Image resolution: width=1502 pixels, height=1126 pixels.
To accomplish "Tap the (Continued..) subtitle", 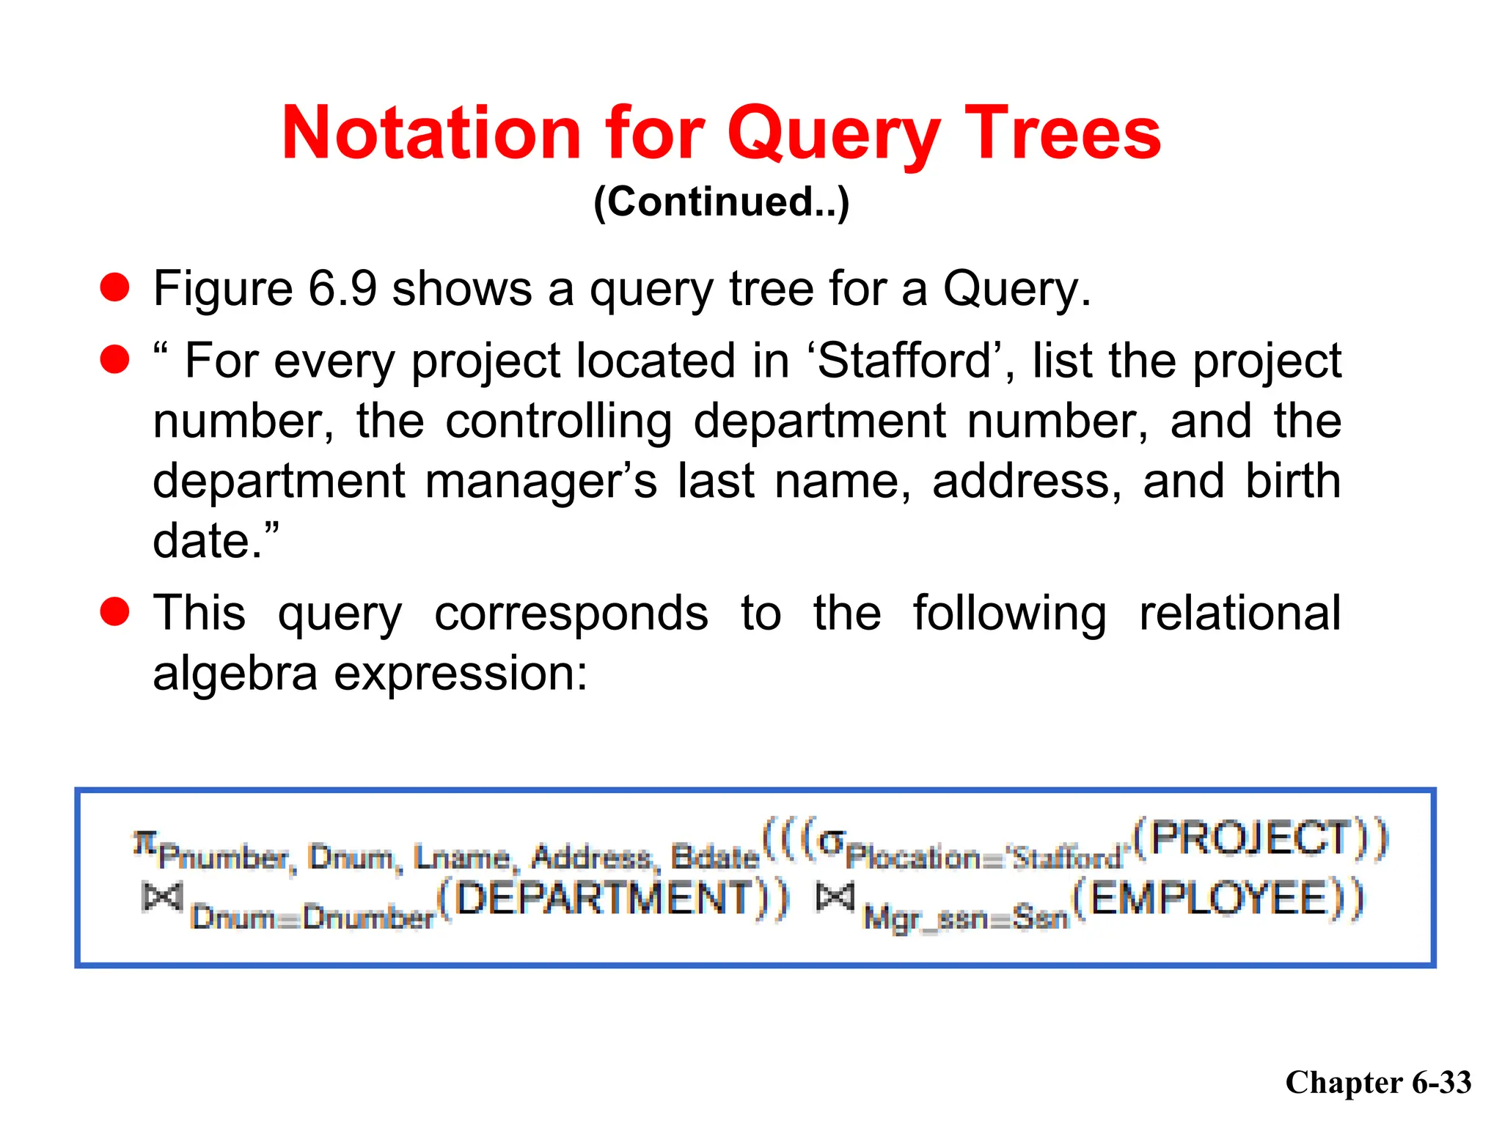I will pyautogui.click(x=721, y=202).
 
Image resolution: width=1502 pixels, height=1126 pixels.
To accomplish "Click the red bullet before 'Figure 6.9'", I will pyautogui.click(x=115, y=287).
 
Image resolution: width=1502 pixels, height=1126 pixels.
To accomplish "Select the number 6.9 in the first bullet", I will pyautogui.click(x=342, y=288).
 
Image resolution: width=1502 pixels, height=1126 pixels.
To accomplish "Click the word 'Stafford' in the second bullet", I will pyautogui.click(x=905, y=361).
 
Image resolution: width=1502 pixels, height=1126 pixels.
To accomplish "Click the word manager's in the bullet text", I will pyautogui.click(x=541, y=481).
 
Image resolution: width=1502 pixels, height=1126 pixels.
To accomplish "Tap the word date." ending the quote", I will pyautogui.click(x=216, y=541).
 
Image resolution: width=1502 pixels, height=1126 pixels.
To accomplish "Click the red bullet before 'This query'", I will pyautogui.click(x=115, y=612).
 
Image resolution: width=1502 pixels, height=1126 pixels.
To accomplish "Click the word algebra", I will pyautogui.click(x=235, y=673).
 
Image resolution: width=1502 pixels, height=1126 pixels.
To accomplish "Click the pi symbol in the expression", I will pyautogui.click(x=145, y=842).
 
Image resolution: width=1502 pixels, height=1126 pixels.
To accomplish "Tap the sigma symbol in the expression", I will pyautogui.click(x=831, y=841).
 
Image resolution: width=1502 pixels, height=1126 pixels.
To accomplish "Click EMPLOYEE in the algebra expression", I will pyautogui.click(x=1210, y=899).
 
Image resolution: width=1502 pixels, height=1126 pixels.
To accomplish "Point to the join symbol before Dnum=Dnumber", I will pyautogui.click(x=162, y=897).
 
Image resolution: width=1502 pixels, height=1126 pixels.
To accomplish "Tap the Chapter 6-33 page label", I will pyautogui.click(x=1378, y=1083).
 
